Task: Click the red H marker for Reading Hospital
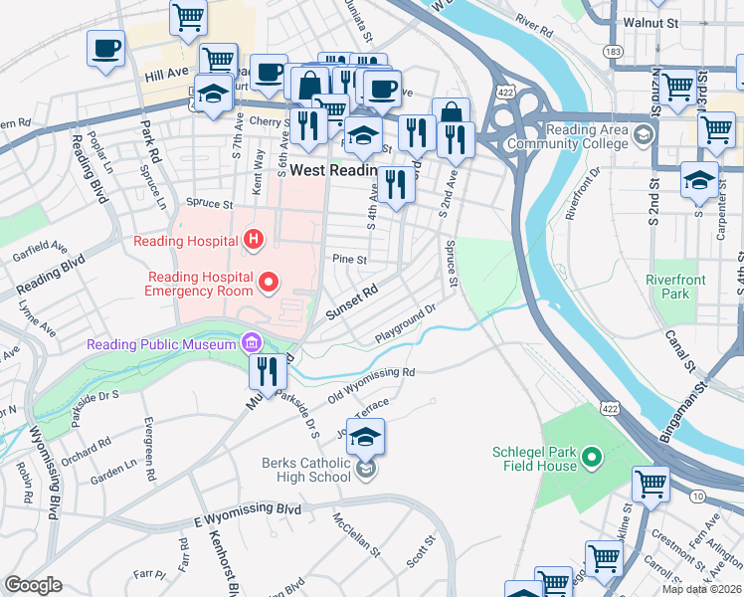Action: point(255,240)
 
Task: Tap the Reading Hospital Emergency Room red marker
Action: point(268,285)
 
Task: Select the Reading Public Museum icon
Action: point(251,344)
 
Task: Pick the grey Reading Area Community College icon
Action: point(645,135)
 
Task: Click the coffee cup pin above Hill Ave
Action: point(106,48)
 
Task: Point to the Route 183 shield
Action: point(618,50)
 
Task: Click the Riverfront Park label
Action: point(675,287)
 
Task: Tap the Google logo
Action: point(33,584)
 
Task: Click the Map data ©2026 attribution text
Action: point(701,589)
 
